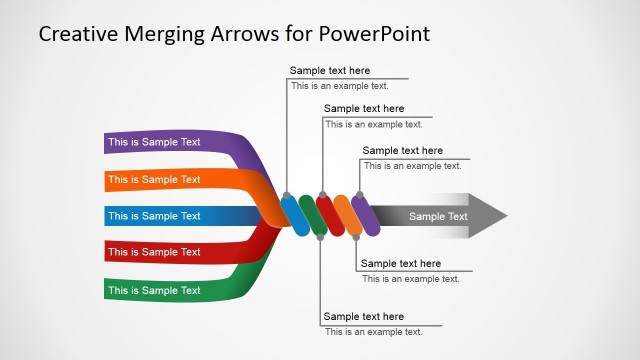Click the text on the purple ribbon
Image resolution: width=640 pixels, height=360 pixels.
click(x=154, y=142)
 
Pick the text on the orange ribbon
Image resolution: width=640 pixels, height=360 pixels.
click(x=154, y=180)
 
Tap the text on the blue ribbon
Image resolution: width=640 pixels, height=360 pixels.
click(x=154, y=216)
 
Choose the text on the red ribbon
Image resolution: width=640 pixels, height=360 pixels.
click(x=154, y=252)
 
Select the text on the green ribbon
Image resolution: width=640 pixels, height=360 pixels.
click(x=154, y=291)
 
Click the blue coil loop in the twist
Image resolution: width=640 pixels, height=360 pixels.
click(x=296, y=215)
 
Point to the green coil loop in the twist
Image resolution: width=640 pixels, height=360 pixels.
click(x=314, y=215)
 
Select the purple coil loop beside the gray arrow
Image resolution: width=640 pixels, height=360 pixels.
click(x=366, y=215)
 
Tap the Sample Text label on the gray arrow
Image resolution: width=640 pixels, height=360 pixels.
click(x=438, y=216)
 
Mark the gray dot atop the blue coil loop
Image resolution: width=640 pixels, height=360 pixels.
click(x=287, y=195)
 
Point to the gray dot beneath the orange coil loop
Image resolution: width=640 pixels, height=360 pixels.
click(x=356, y=236)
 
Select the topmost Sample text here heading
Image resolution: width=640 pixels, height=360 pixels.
click(x=330, y=71)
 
